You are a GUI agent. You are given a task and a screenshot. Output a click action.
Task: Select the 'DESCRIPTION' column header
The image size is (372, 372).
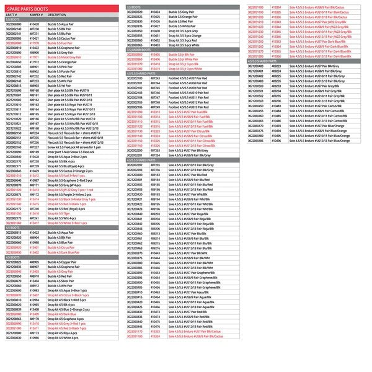tap(57, 14)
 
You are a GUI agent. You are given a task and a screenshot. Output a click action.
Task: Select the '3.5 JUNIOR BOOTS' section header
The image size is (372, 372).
tap(138, 51)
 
